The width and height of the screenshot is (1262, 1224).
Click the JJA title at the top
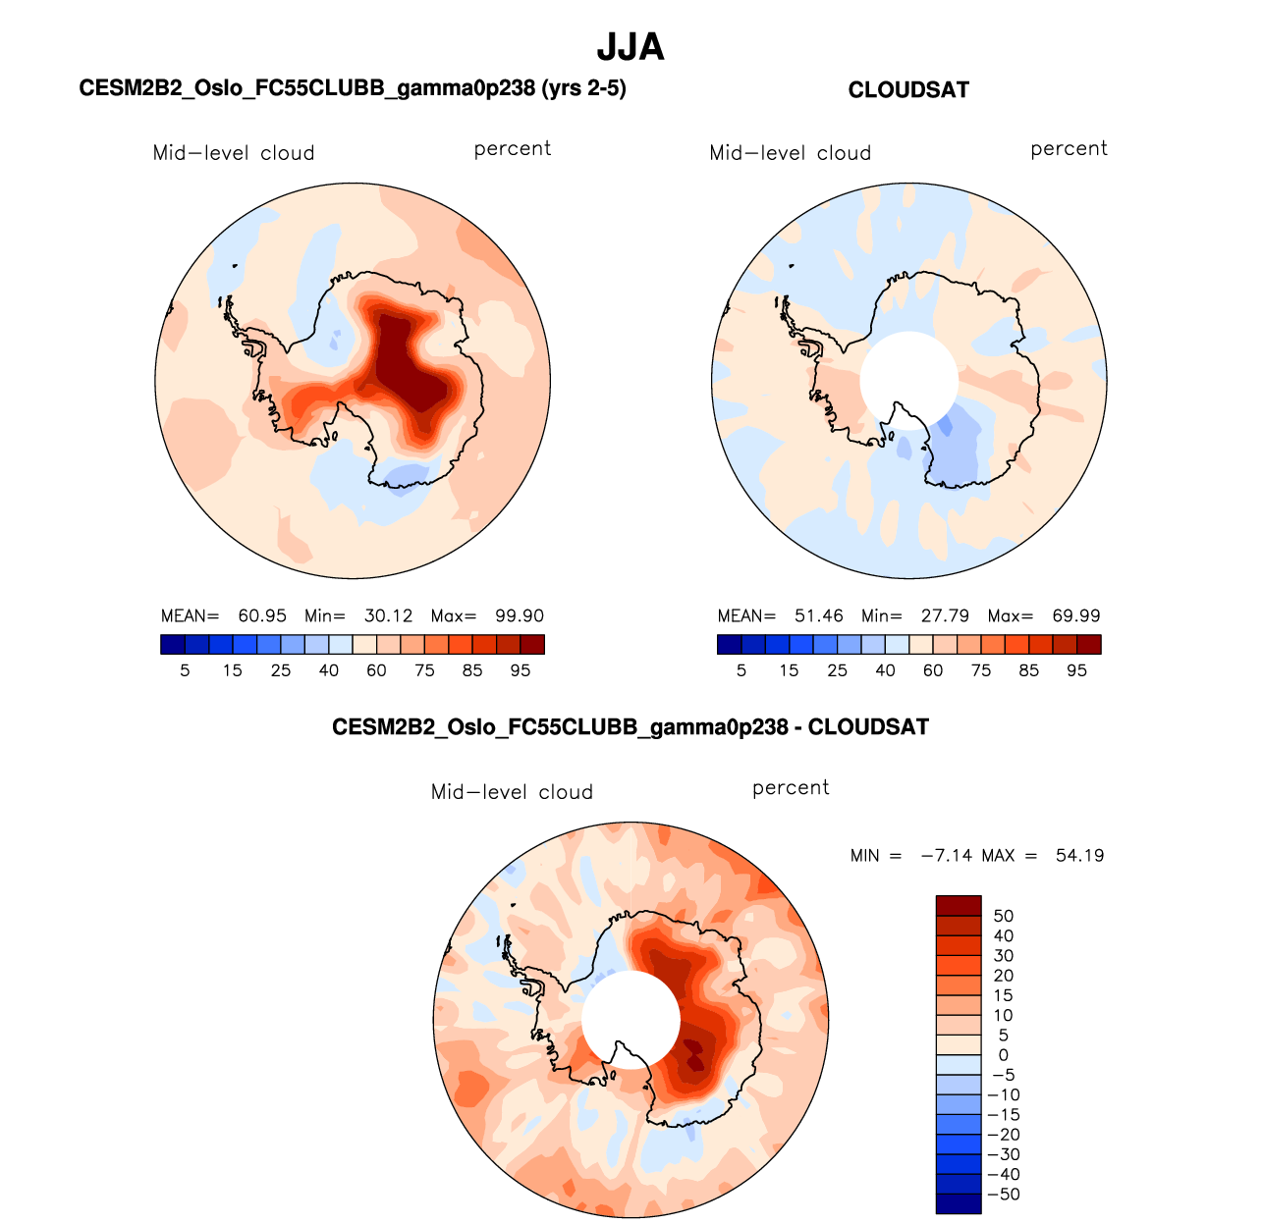point(631,47)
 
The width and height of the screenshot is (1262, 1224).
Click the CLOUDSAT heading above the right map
point(908,90)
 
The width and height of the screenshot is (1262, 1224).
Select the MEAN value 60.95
point(262,616)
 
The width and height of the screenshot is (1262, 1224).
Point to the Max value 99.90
point(520,616)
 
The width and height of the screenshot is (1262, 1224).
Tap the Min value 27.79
point(945,616)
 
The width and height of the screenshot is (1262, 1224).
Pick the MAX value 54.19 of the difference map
point(1079,856)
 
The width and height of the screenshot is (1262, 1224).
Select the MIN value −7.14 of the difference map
point(946,856)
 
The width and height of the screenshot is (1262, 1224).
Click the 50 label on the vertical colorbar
point(1003,917)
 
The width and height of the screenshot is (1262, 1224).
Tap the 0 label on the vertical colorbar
point(1003,1055)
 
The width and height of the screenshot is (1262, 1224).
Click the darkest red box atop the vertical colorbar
point(959,906)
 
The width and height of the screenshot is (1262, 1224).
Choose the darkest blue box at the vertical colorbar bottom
point(959,1203)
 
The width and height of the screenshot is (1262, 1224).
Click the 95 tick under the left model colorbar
point(521,670)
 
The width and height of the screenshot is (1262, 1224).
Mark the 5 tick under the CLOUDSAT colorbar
point(741,670)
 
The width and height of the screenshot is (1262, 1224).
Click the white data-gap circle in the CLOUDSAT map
point(908,379)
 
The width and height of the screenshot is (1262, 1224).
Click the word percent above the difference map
point(791,788)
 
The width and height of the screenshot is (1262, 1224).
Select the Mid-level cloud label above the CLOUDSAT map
point(791,153)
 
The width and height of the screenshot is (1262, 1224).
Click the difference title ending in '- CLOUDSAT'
point(631,727)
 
